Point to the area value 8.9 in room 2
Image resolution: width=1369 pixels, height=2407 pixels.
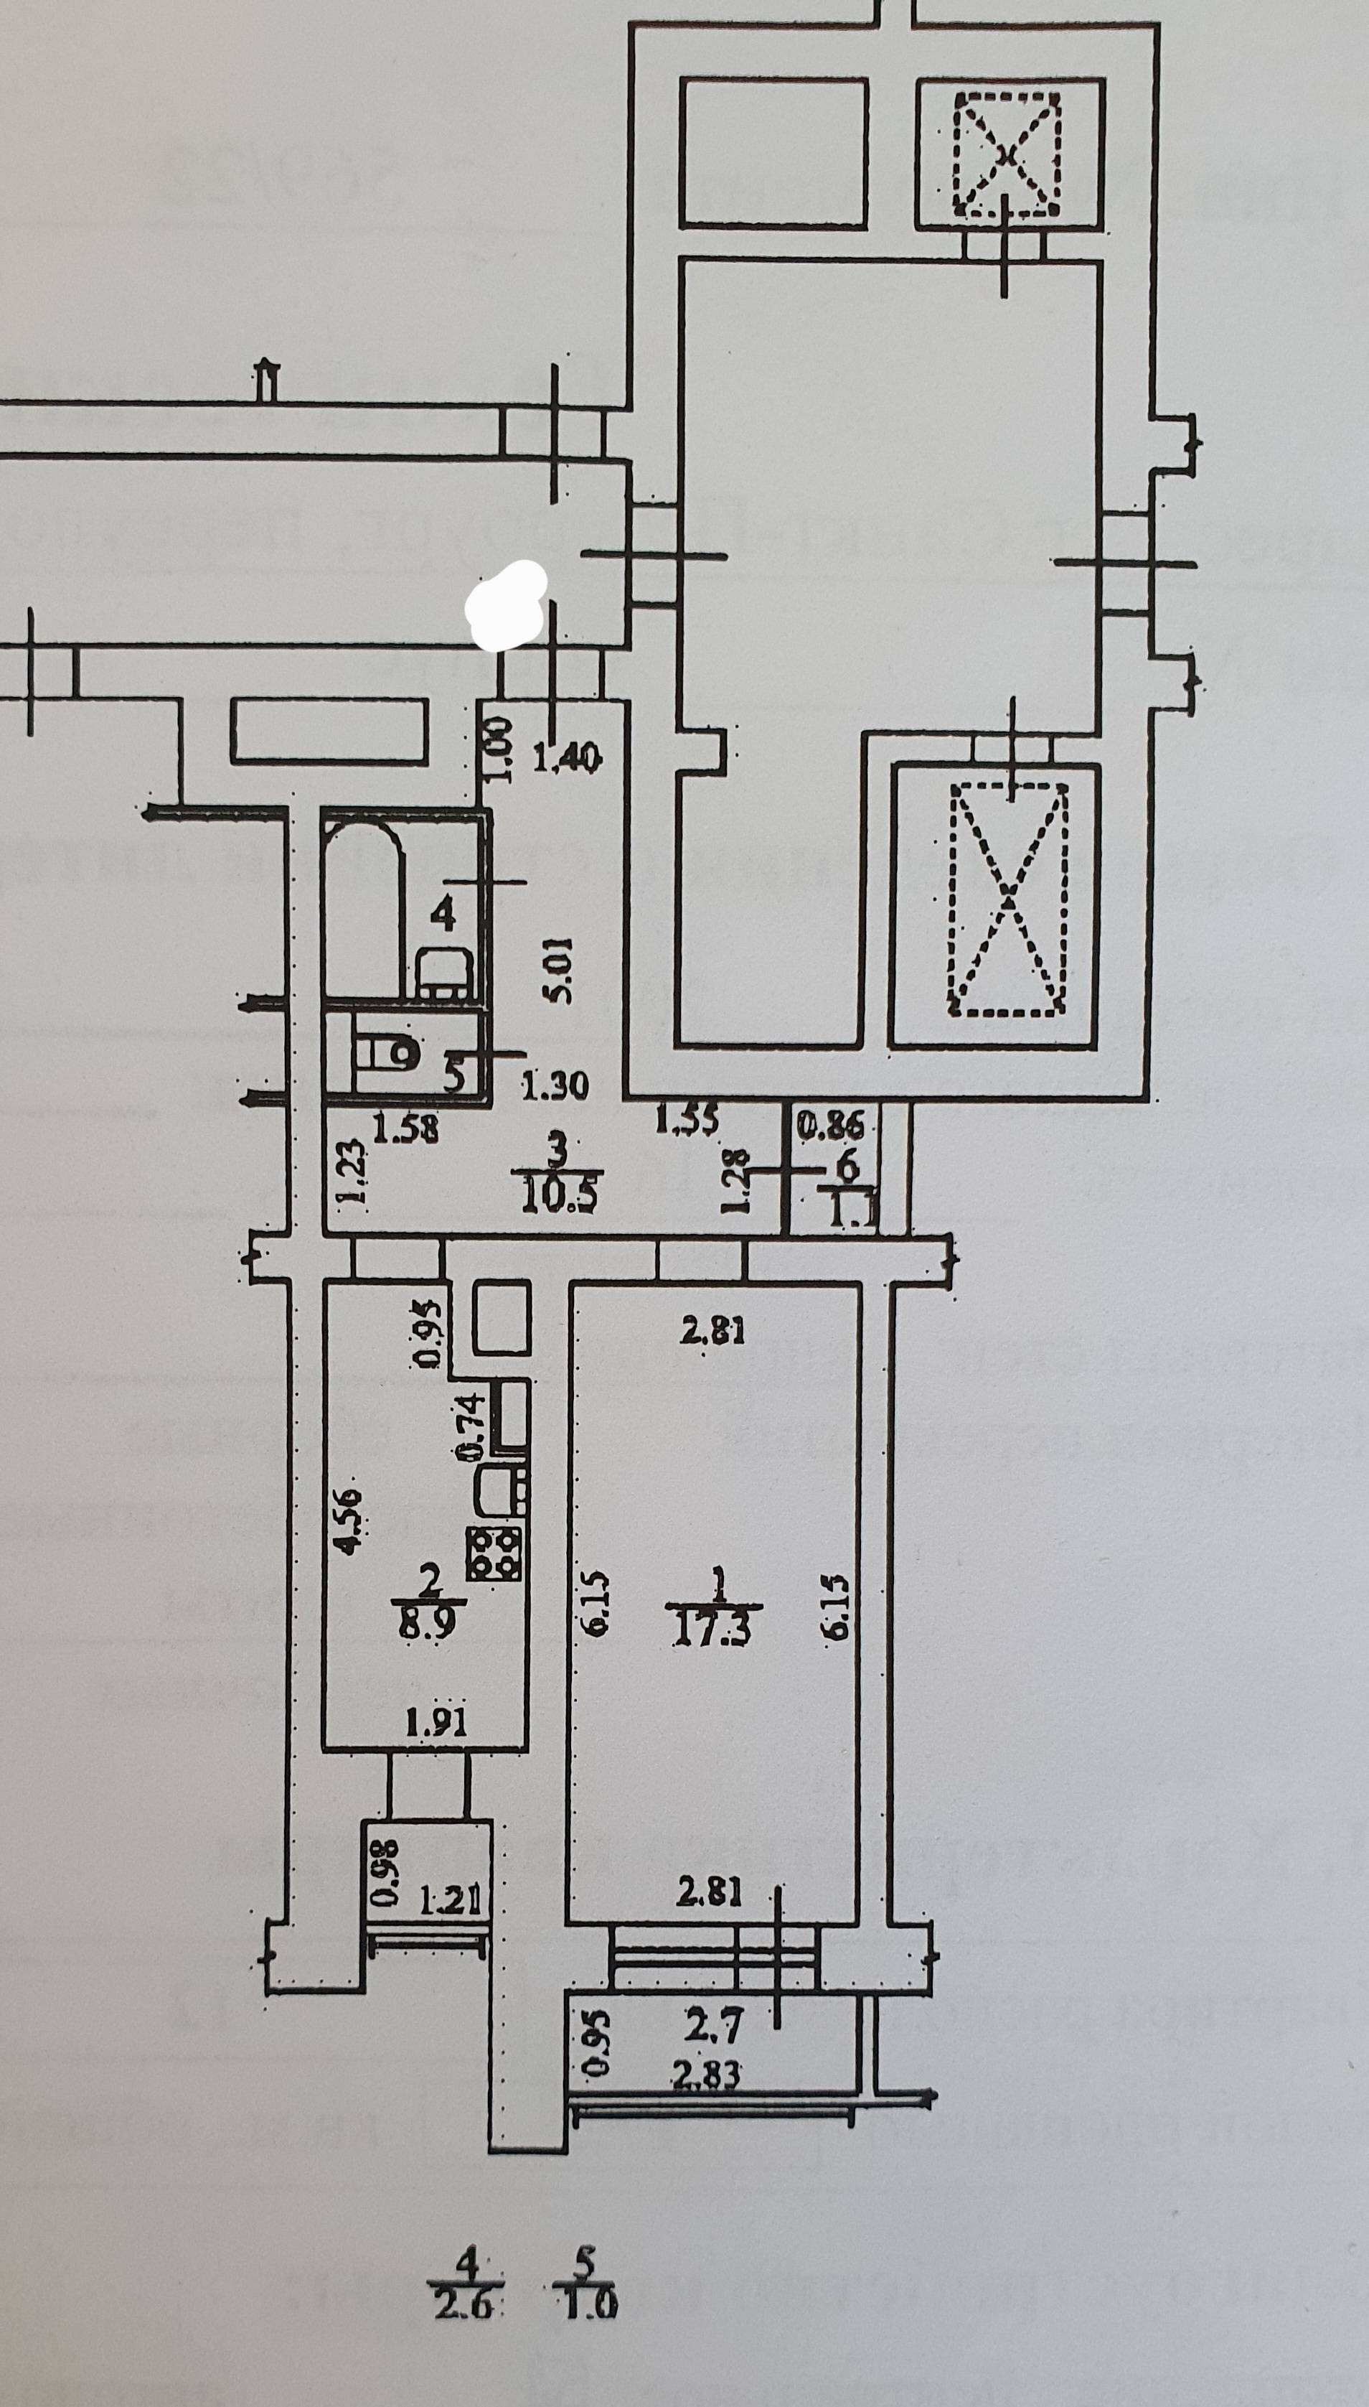(429, 1625)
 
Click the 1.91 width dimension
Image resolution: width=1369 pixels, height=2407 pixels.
(436, 1722)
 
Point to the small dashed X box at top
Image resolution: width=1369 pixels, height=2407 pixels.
(1007, 154)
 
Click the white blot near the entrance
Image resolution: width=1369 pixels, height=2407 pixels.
(508, 605)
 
